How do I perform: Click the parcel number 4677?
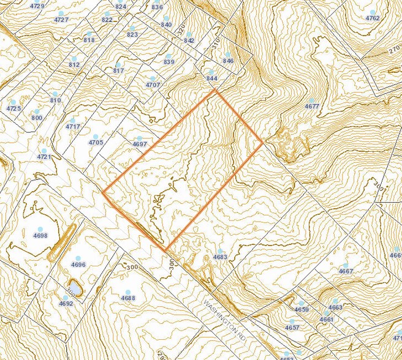[312, 107]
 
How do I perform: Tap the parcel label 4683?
[221, 257]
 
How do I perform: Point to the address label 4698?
[40, 235]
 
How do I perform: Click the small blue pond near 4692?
[74, 287]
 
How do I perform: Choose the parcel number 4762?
[373, 18]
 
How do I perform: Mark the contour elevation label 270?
[393, 53]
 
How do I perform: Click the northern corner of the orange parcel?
[214, 89]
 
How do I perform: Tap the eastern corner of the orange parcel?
[264, 143]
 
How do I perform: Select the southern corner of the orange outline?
[165, 250]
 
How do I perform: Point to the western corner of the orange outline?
[103, 193]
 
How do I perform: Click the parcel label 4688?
[127, 298]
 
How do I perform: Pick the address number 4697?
[140, 144]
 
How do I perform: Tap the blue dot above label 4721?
[44, 150]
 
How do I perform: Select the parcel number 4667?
[346, 271]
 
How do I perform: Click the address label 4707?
[153, 84]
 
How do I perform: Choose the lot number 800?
[37, 118]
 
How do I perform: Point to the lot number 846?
[229, 61]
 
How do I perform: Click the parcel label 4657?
[292, 328]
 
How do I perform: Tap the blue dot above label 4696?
[78, 258]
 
